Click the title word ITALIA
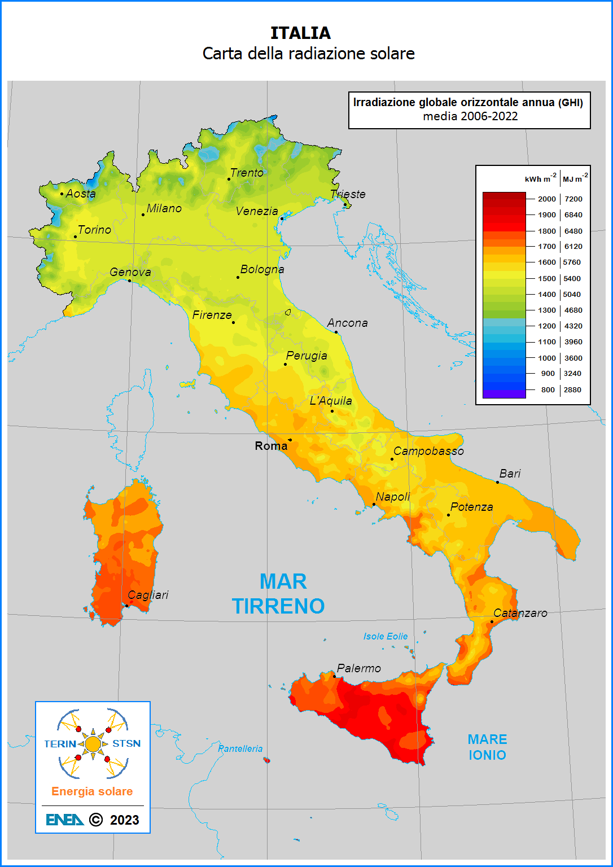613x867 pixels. (300, 33)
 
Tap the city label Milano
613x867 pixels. (164, 208)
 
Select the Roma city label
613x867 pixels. (271, 446)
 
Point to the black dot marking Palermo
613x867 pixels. (334, 676)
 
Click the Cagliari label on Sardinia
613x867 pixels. (148, 595)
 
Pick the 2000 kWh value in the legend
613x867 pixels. (546, 199)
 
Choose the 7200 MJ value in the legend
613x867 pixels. (573, 199)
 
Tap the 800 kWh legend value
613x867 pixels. (548, 389)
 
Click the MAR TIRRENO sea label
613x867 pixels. (279, 594)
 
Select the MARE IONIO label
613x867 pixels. (487, 747)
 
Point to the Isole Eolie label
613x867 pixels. (386, 636)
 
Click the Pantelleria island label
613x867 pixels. (240, 748)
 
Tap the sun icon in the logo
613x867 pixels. (93, 744)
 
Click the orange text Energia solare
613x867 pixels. (92, 791)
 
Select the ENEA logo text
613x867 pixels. (64, 820)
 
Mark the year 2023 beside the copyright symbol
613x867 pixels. (124, 820)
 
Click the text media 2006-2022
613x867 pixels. (470, 116)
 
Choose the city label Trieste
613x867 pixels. (348, 194)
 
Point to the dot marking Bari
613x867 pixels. (497, 482)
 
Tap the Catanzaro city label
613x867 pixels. (520, 613)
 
